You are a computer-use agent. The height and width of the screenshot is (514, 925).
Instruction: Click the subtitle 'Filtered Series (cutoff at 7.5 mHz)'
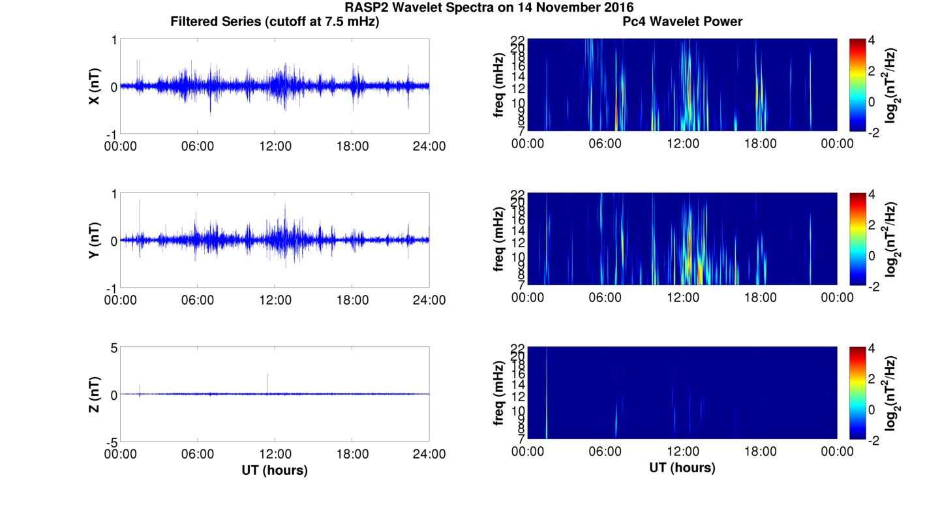275,22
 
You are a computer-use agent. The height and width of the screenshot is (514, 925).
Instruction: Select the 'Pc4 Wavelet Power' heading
682,22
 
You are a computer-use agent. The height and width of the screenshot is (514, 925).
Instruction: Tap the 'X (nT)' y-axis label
94,87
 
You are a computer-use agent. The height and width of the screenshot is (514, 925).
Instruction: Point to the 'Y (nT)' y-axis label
94,241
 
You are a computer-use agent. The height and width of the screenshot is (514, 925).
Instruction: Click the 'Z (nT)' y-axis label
94,395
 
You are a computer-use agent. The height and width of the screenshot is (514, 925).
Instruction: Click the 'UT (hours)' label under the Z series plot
275,470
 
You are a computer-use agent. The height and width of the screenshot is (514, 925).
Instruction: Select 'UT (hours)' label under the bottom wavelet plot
682,468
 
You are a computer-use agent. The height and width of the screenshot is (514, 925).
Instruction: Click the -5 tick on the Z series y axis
110,442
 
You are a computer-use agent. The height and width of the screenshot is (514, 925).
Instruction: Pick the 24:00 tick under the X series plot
429,146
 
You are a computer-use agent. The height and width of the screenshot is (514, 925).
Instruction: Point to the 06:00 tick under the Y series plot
198,300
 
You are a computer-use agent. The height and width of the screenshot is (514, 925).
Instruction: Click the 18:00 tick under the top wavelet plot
760,144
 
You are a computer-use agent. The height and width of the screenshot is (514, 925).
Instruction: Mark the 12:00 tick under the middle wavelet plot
682,297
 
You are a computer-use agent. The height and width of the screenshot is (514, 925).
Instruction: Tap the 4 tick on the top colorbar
876,40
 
